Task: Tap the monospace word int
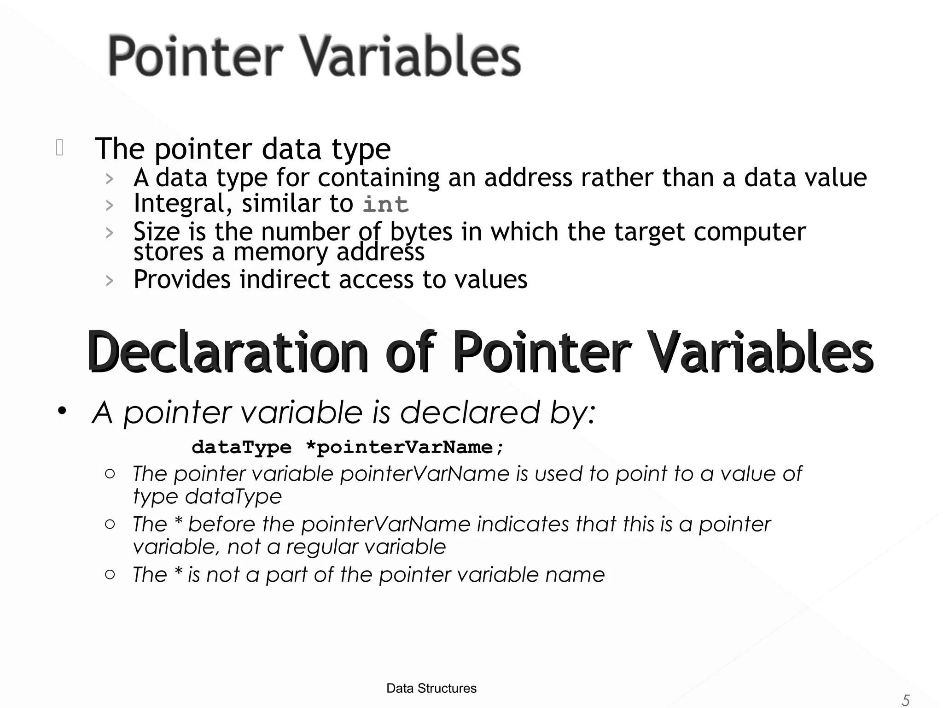385,204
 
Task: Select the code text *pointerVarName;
405,447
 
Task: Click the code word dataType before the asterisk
242,447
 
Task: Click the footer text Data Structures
431,688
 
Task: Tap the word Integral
183,203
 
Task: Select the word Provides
182,279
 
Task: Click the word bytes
421,231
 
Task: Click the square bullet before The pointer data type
59,148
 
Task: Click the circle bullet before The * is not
110,574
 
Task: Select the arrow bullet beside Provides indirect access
109,280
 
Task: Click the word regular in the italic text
320,547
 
